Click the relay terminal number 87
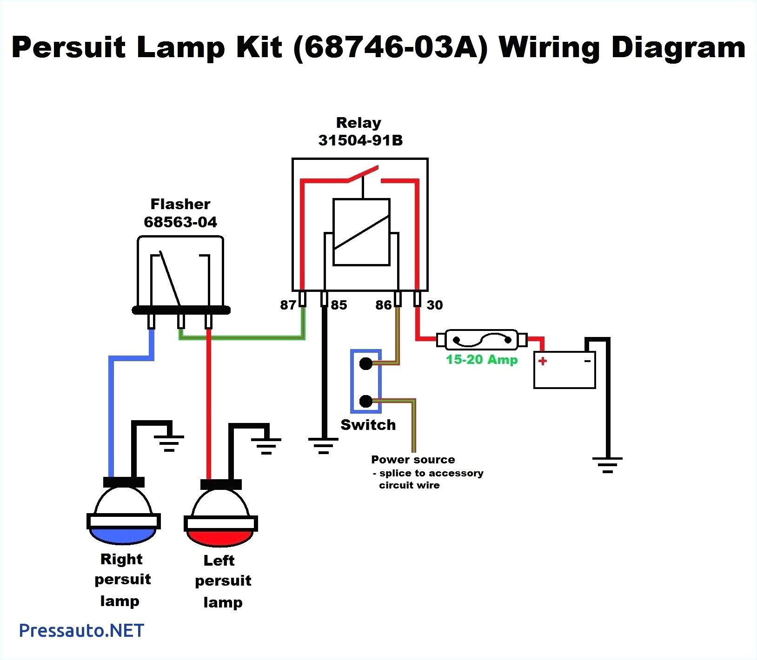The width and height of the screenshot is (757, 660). click(x=288, y=305)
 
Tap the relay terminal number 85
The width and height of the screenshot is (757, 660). click(x=339, y=305)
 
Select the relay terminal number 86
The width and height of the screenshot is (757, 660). click(x=384, y=305)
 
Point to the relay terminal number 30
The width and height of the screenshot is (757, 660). click(x=435, y=305)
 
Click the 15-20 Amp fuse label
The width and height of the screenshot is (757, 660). click(x=482, y=359)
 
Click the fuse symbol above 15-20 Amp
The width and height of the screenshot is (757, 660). click(x=482, y=340)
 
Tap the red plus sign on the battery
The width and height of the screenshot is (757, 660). click(x=543, y=361)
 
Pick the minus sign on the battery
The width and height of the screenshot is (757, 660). click(x=588, y=361)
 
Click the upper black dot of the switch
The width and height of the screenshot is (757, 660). click(x=366, y=363)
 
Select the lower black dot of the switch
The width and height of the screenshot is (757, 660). click(x=366, y=401)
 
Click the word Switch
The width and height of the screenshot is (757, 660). click(x=368, y=425)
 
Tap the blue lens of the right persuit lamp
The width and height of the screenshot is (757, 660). click(x=123, y=536)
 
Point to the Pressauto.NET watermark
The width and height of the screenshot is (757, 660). click(x=82, y=631)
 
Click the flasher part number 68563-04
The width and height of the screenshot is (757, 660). click(x=180, y=222)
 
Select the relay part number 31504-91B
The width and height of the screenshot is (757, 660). click(x=360, y=140)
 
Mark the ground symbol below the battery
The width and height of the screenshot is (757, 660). click(x=607, y=465)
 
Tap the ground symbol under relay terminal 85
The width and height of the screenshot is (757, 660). click(x=324, y=445)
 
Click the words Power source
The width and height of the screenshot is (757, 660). click(x=413, y=460)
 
